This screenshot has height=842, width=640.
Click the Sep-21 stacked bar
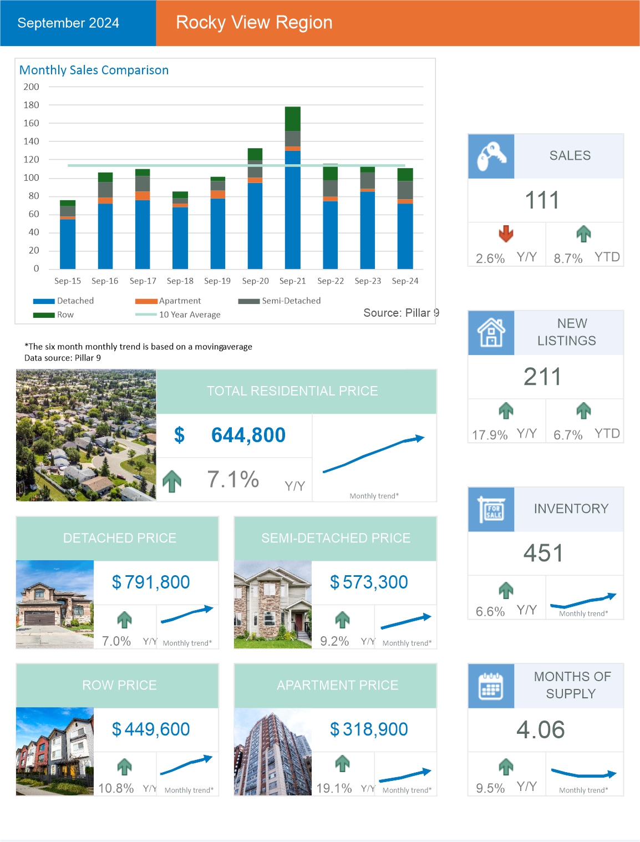pos(293,189)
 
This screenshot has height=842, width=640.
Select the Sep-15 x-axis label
pos(68,281)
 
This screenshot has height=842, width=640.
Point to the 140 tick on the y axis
pos(32,141)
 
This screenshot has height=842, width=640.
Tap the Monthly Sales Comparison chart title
pos(94,70)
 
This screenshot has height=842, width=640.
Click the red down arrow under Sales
pos(506,234)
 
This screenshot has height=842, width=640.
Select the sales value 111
pos(542,200)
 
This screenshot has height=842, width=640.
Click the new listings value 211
pos(542,377)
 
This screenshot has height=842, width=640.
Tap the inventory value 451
pos(543,553)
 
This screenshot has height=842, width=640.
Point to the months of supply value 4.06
pos(541,730)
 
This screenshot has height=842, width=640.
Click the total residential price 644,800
pos(248,435)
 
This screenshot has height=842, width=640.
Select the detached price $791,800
pos(151,582)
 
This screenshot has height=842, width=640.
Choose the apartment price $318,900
pos(369,729)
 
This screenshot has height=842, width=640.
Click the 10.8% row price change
pos(116,788)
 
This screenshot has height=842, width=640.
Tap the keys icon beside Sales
pos(491,156)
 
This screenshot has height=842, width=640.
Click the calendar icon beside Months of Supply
pos(491,686)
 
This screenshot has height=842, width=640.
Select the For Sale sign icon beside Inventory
pos(491,510)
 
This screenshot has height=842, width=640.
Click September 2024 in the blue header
pos(68,23)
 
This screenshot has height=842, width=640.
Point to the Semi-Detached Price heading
pos(336,538)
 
